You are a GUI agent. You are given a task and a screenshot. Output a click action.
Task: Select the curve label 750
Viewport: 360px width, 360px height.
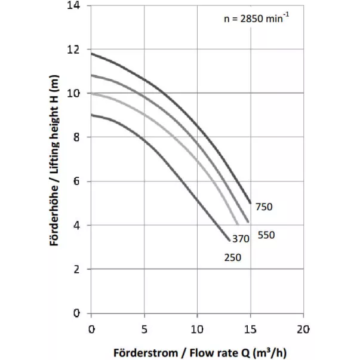tap(264, 207)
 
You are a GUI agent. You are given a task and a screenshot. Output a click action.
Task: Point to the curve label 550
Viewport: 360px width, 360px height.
tap(266, 235)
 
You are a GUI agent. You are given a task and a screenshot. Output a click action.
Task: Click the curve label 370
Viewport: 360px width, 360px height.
tap(241, 239)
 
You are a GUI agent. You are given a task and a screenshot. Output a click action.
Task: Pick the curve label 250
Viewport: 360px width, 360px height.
tap(233, 257)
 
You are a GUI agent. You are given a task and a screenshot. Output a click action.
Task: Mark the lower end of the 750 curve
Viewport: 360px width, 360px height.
tap(250, 203)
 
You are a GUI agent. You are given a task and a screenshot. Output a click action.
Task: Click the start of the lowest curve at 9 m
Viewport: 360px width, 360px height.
tap(91, 115)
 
